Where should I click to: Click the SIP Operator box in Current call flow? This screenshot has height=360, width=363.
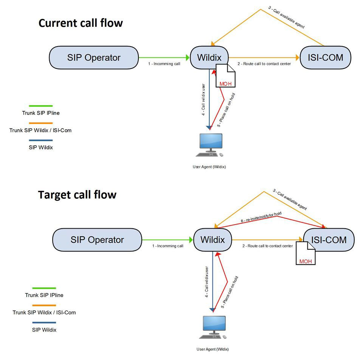coord(94,58)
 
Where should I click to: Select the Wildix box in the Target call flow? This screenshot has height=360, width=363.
coord(213,240)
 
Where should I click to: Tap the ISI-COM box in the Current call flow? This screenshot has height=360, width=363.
coord(326,58)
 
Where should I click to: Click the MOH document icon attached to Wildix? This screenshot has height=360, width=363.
coord(225,76)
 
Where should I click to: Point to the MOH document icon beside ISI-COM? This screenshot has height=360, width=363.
coord(306,253)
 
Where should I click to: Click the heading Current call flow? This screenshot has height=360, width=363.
coord(81,23)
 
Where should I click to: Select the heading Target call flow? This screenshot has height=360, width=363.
coord(77,195)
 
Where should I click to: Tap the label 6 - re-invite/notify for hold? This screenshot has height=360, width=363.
coord(261,217)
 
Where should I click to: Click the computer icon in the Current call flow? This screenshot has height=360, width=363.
coord(210,145)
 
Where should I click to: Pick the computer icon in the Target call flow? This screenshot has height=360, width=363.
coord(213,327)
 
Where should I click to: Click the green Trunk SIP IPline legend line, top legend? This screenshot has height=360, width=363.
coord(41,106)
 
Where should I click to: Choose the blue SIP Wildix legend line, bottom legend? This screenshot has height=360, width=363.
coord(44,323)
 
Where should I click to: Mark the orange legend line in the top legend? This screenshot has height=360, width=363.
coord(41,123)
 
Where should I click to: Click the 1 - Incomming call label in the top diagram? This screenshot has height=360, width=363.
coord(164,64)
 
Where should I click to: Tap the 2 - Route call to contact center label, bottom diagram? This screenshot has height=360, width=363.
coord(268,246)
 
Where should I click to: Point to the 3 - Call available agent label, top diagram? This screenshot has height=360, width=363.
coord(286,17)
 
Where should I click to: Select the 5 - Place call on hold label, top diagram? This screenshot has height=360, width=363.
coord(226,110)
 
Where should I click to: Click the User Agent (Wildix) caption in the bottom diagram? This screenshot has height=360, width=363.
coord(213,349)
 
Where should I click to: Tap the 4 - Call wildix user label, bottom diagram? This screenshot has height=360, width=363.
coord(206,282)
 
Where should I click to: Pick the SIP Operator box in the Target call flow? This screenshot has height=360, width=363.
coord(97,240)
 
